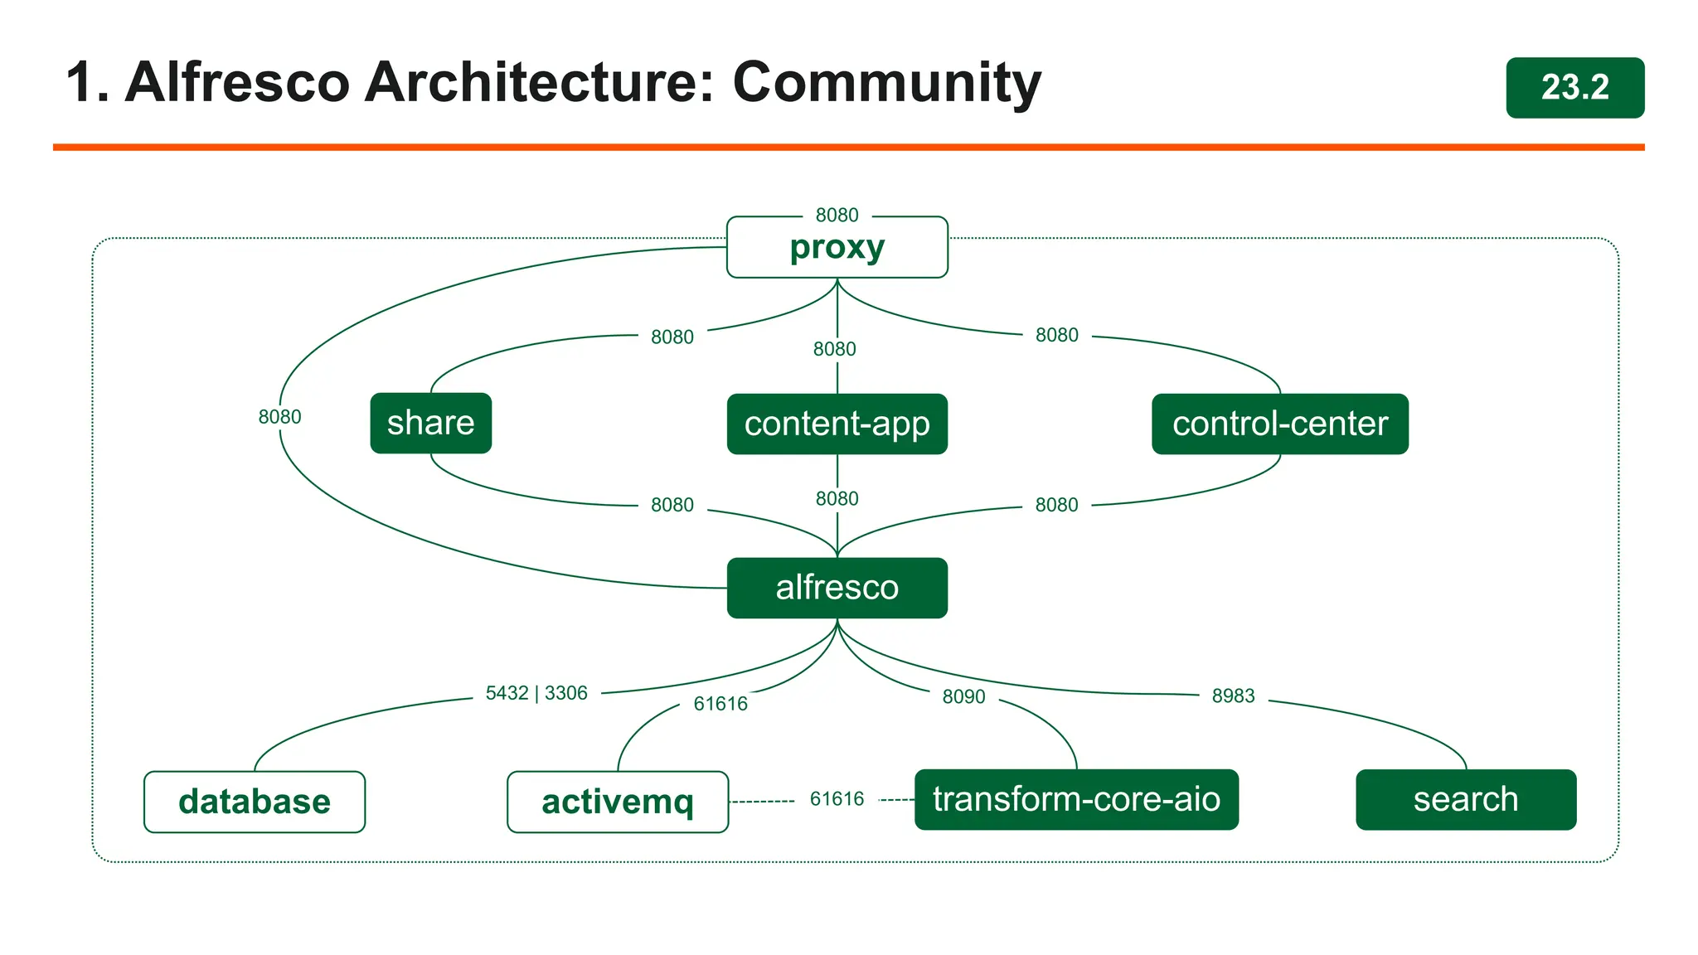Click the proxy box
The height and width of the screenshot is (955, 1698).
[837, 247]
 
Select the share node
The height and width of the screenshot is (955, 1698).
[430, 423]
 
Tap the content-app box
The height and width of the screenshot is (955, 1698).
[837, 424]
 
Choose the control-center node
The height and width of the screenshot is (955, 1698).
[1279, 424]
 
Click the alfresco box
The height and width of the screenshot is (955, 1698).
[837, 588]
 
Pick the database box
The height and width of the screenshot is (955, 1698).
[254, 802]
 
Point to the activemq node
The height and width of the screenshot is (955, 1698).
[617, 802]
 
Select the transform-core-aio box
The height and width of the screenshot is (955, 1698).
[1076, 799]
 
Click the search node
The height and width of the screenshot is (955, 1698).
[1465, 799]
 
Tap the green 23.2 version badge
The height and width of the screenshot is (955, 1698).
[1574, 87]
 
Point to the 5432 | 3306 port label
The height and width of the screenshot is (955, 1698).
[536, 693]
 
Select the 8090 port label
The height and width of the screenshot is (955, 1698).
[963, 696]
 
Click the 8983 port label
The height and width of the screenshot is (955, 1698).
[1233, 696]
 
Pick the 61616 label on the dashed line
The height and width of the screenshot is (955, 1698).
[837, 799]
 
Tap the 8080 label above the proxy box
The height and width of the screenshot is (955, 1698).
[837, 216]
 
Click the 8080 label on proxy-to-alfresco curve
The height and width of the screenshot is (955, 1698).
[279, 417]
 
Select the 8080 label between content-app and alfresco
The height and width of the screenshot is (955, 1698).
[837, 498]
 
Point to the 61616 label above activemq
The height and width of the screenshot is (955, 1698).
[720, 704]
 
